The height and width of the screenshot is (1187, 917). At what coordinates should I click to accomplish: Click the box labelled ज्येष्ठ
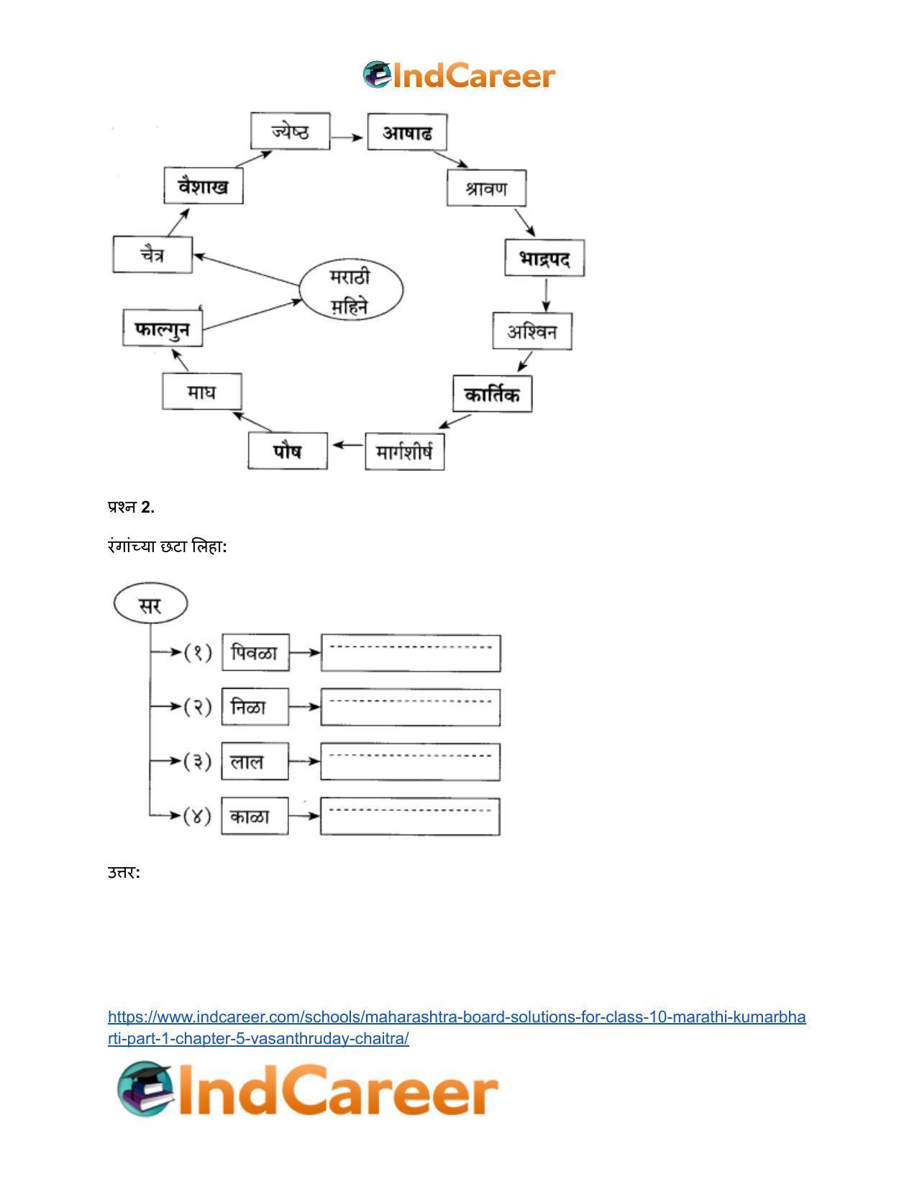point(290,131)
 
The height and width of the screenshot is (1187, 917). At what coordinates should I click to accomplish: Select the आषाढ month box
point(407,132)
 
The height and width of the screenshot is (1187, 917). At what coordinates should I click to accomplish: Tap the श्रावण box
point(486,188)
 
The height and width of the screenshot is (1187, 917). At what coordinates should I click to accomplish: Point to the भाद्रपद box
point(544,257)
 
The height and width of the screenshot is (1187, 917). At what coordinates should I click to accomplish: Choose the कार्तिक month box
point(493,393)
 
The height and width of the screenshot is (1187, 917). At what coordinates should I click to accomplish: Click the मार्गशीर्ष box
point(404,452)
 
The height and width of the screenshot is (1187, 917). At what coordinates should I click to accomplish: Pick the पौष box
point(288,451)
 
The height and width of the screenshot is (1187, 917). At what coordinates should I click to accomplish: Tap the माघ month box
point(202,391)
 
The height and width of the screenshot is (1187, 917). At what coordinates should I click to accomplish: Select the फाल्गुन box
point(163,328)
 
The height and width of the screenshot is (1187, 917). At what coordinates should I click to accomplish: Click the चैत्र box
point(152,254)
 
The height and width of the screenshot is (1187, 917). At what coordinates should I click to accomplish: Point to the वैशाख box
point(204,185)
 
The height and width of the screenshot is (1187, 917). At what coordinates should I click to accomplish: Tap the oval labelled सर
point(150,603)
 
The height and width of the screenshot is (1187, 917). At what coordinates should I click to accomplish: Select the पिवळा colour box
point(255,652)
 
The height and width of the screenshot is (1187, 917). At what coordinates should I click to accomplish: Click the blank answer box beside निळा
point(411,707)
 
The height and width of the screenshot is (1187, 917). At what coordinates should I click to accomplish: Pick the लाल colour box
point(255,761)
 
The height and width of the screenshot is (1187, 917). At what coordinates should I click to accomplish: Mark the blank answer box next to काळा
point(410,816)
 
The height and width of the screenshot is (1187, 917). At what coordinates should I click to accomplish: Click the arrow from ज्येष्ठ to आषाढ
point(347,137)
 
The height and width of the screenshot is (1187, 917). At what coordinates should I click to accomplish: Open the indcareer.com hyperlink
point(457,1027)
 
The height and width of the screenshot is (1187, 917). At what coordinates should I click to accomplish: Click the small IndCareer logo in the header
point(459,75)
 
